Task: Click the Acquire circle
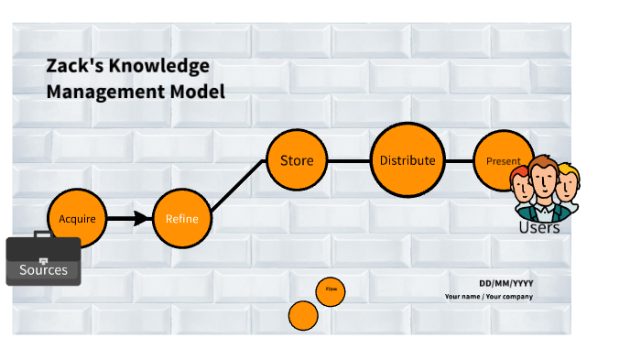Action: point(77,219)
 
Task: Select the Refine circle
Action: point(181,219)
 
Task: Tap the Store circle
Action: point(297,161)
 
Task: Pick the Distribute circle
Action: point(407,161)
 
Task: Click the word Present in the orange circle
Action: point(503,161)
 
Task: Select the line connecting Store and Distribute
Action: point(349,161)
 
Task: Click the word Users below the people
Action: point(538,227)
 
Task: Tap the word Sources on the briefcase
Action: point(43,270)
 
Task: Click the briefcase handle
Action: point(44,235)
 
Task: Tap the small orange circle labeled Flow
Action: point(331,291)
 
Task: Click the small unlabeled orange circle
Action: point(303,316)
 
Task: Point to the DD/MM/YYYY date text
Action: point(505,283)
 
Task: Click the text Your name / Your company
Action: point(488,297)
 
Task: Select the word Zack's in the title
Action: point(71,67)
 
